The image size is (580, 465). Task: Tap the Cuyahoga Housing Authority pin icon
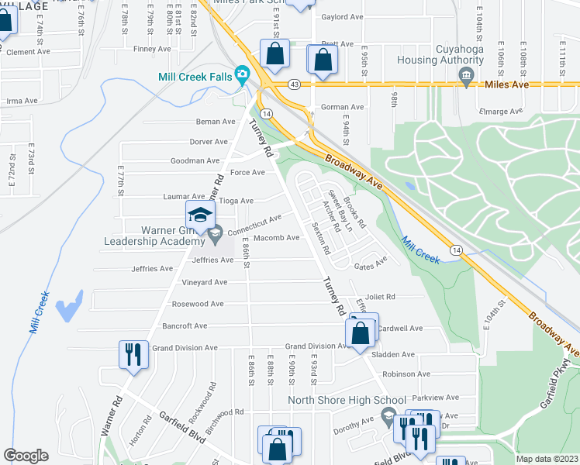tap(465, 76)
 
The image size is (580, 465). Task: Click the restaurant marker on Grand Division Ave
tap(132, 355)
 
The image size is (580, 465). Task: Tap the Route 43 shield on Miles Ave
tap(294, 83)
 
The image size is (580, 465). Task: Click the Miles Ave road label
tap(506, 84)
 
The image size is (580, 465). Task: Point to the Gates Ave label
tap(370, 266)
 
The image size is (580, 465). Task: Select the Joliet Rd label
tap(381, 297)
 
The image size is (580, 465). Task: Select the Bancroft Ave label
tap(179, 325)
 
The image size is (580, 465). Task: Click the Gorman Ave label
tap(344, 108)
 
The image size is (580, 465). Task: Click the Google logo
tap(26, 456)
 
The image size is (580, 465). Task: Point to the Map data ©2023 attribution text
tap(547, 459)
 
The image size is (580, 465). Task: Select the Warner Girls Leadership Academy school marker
tap(199, 216)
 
